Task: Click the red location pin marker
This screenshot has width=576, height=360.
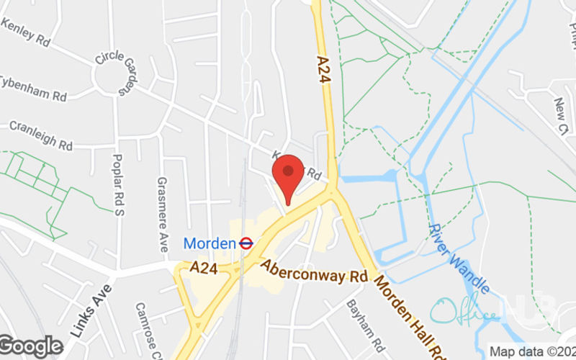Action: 289,176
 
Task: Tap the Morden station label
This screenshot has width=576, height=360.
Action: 210,243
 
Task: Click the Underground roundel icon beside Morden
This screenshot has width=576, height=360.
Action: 246,243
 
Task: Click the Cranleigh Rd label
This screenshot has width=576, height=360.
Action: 41,135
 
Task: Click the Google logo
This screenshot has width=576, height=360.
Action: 32,346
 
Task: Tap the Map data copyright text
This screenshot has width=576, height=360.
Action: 532,352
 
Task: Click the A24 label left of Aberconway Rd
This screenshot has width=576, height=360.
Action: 205,268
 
